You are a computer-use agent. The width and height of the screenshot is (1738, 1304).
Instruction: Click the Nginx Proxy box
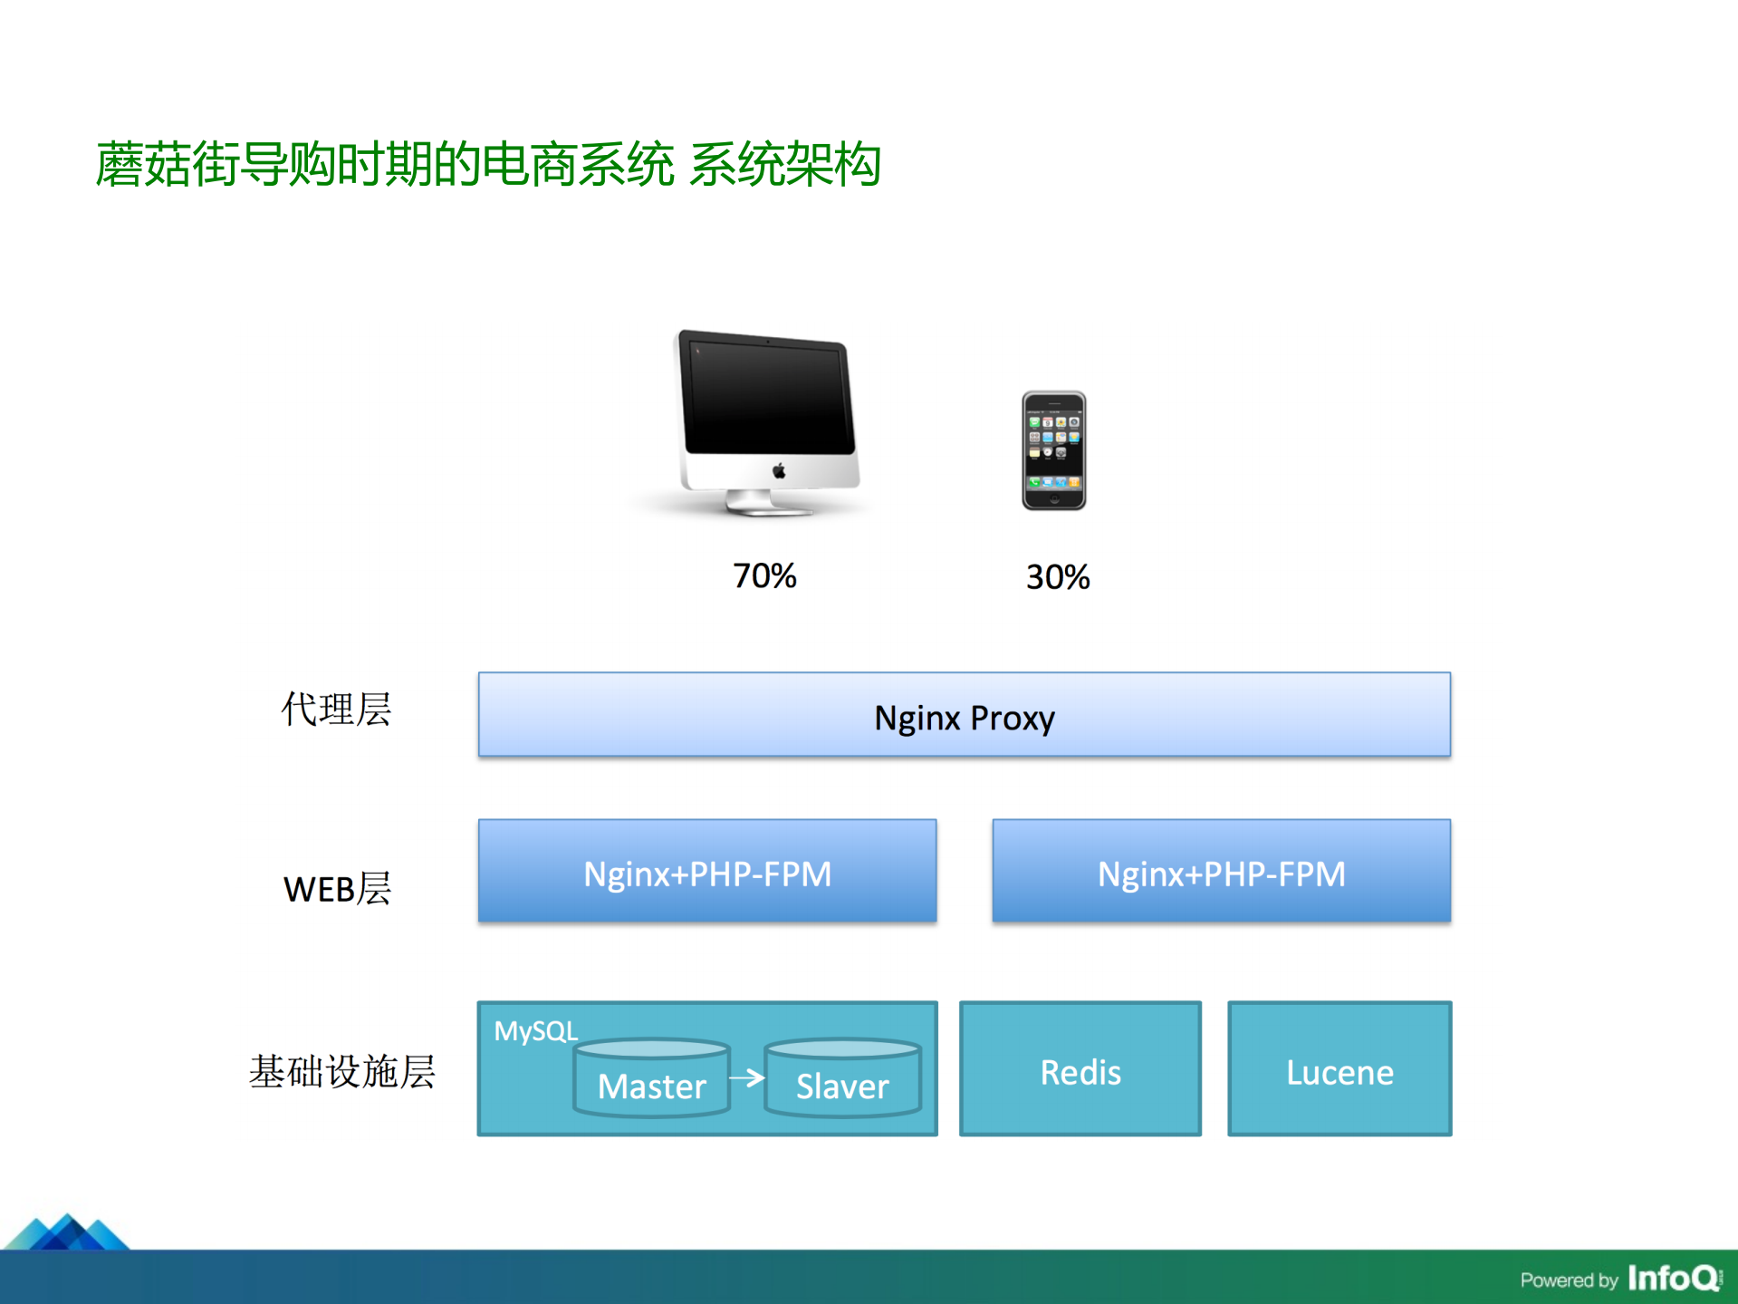click(x=964, y=715)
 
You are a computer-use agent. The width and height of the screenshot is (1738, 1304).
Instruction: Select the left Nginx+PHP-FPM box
click(x=706, y=872)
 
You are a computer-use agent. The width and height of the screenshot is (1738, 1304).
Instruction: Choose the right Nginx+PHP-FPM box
click(x=1221, y=872)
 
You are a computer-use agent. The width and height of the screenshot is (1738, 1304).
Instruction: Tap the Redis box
click(x=1080, y=1069)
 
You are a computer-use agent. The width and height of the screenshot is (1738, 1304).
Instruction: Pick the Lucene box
click(x=1339, y=1069)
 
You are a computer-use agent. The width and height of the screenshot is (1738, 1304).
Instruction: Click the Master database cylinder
click(x=651, y=1078)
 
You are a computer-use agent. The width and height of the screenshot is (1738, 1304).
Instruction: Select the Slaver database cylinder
click(x=842, y=1078)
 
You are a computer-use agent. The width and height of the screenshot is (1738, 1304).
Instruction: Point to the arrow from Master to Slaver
click(x=747, y=1077)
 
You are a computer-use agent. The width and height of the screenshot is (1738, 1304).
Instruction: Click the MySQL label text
click(x=535, y=1031)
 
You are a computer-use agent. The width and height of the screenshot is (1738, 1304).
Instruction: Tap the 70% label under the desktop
click(x=764, y=576)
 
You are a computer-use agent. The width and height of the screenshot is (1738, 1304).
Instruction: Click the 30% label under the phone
click(x=1057, y=577)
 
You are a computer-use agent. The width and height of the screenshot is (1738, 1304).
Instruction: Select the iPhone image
click(x=1053, y=450)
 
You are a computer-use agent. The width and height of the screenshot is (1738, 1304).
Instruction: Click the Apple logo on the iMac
click(x=778, y=471)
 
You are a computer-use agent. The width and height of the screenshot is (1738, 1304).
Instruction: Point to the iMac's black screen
click(x=768, y=396)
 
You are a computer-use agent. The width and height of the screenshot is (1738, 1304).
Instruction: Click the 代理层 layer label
click(x=336, y=709)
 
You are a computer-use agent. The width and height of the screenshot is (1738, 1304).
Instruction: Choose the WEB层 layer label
click(x=337, y=889)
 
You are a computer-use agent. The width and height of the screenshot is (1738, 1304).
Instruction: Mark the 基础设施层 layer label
click(x=341, y=1071)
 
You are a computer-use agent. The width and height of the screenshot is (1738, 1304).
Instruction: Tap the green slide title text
click(x=488, y=165)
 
